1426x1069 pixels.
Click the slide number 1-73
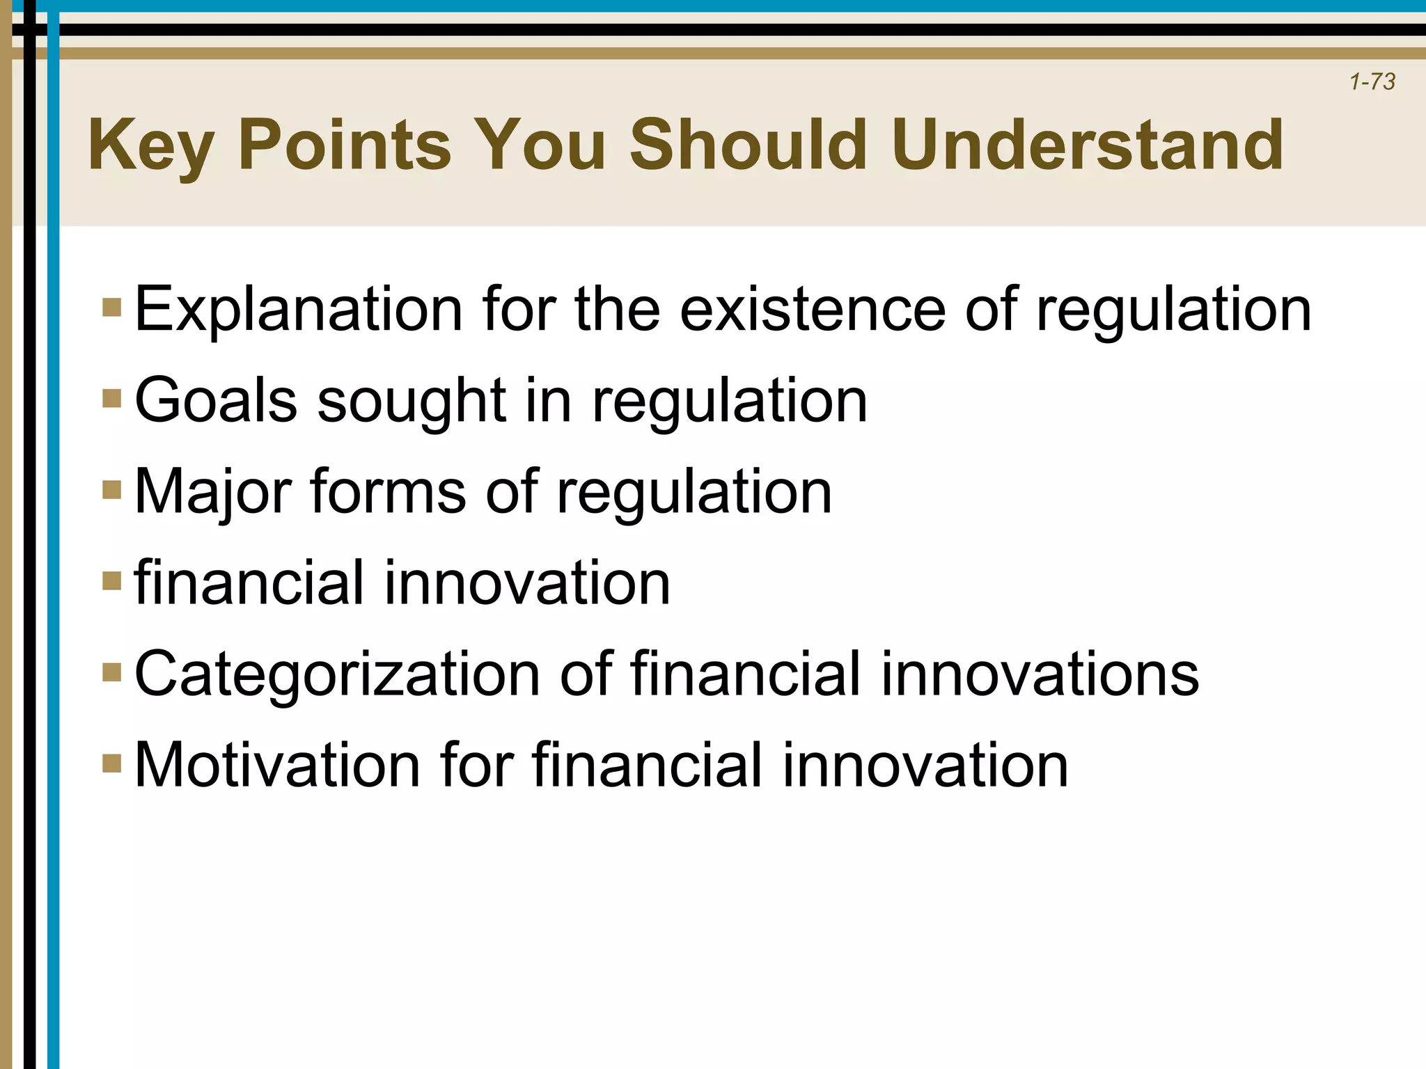(x=1372, y=82)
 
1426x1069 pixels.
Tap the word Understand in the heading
(x=1088, y=144)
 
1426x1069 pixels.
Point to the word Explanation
(x=298, y=310)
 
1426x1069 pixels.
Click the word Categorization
(x=337, y=675)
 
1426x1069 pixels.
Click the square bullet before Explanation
(x=111, y=308)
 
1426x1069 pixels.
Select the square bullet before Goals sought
(x=111, y=399)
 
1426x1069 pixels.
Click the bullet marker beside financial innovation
(x=111, y=580)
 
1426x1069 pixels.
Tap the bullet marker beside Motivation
(x=111, y=763)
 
